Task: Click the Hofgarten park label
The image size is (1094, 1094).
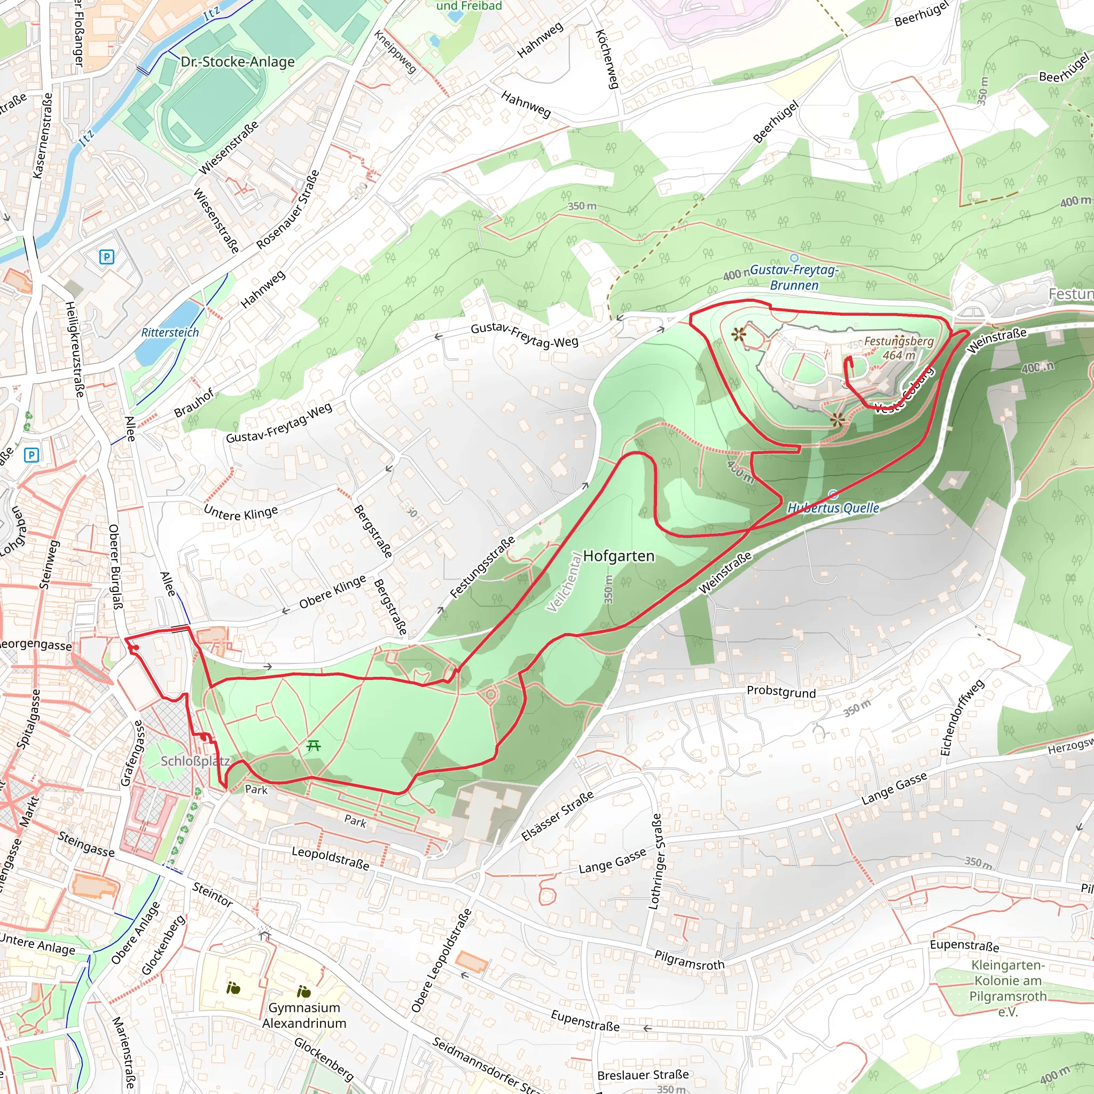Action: (x=619, y=556)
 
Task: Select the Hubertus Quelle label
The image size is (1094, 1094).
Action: (x=833, y=508)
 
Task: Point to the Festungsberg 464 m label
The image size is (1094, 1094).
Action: (x=898, y=348)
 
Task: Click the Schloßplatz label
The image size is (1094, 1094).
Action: (x=195, y=761)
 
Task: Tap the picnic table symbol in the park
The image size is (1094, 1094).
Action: (x=313, y=746)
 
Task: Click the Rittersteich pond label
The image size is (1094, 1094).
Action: (x=170, y=332)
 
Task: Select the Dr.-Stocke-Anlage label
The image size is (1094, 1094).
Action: (x=238, y=62)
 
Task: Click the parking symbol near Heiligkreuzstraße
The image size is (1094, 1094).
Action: (x=106, y=257)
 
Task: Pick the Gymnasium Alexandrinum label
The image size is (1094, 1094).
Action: (x=304, y=1015)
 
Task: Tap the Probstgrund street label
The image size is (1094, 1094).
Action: (x=781, y=691)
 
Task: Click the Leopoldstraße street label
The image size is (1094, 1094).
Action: (x=330, y=858)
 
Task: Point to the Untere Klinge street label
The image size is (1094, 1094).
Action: (x=241, y=513)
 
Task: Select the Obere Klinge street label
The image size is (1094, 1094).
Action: (x=332, y=592)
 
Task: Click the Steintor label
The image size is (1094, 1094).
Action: (x=213, y=894)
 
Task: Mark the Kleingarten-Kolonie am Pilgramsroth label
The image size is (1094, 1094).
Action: (x=1007, y=988)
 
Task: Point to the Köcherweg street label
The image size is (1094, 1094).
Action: (x=606, y=59)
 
